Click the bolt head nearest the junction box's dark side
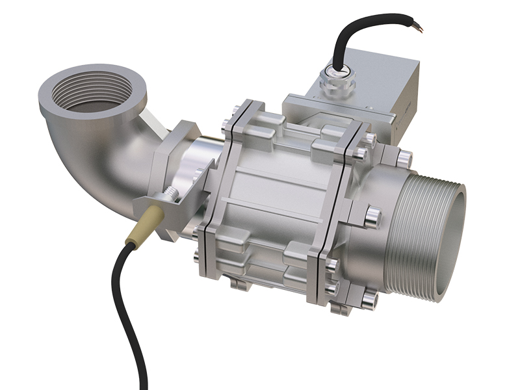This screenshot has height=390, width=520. click(x=404, y=157)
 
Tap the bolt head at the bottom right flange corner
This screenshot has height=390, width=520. click(x=369, y=299)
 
